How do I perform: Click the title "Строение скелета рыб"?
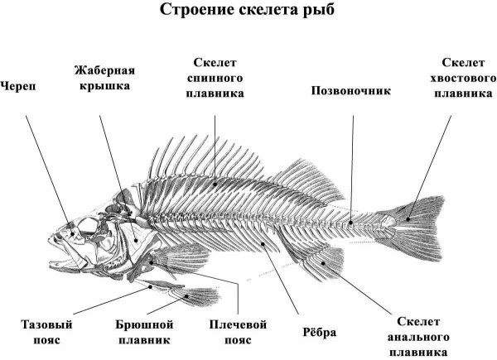pos(247,9)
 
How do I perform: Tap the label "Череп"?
pos(18,86)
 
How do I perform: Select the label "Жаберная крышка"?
pos(104,78)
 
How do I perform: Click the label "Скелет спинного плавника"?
pos(215,78)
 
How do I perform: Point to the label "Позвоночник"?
pos(351,90)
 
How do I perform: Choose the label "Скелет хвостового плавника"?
pos(463,78)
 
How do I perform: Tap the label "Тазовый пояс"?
pos(46,332)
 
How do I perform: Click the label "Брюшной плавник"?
pos(144,332)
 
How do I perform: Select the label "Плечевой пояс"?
pos(238,332)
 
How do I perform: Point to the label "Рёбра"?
pos(319,332)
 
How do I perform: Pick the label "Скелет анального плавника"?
pos(418,337)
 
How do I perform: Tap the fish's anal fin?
pos(319,262)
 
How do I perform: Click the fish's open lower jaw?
pos(65,263)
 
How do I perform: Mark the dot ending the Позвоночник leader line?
pos(351,223)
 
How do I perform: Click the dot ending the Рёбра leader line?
pos(263,243)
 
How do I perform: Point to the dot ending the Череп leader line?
pos(73,234)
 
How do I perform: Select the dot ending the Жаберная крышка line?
pos(136,241)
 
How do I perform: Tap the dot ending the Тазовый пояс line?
pos(151,287)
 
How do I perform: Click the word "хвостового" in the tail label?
pos(463,78)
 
